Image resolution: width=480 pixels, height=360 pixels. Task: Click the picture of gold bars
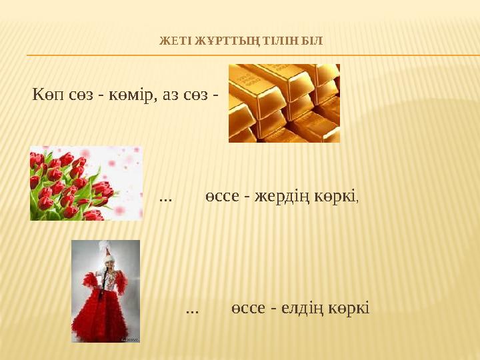tap(284, 103)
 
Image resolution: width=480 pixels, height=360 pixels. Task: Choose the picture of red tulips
tap(85, 183)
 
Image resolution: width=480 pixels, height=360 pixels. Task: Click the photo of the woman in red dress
tap(105, 291)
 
